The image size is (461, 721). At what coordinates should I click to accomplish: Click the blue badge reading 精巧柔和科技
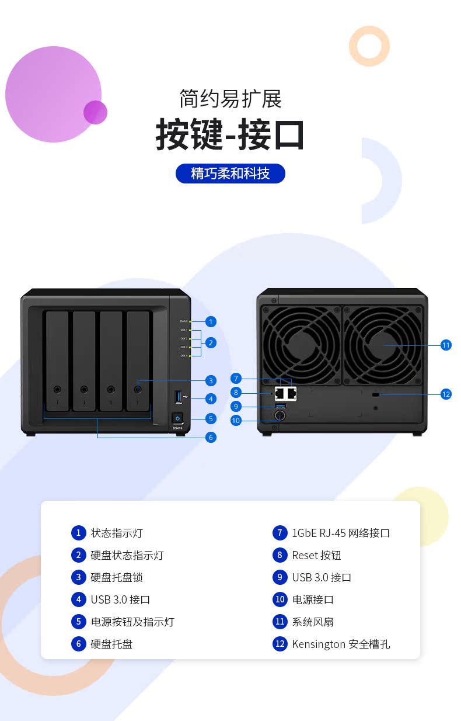pos(230,174)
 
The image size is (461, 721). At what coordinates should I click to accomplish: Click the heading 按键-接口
pos(230,135)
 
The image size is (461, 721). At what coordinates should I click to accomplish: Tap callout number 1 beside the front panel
pos(211,321)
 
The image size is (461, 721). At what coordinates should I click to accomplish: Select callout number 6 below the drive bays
pos(211,437)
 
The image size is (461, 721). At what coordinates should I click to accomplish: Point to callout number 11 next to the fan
pos(446,345)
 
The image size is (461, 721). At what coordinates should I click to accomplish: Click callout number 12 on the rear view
pos(446,394)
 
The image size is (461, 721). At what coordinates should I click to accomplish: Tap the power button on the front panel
pos(178,418)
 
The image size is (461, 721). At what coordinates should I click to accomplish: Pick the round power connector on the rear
pos(280,416)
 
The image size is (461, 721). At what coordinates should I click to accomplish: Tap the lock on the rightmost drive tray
pos(138,389)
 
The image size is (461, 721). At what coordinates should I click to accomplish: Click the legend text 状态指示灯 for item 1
pos(117,533)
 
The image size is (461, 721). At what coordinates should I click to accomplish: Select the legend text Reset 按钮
pos(316,555)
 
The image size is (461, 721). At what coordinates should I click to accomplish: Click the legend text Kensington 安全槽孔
pos(341,644)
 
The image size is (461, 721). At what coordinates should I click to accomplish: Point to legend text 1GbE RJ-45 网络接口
pos(341,533)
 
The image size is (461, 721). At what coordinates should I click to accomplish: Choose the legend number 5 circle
pos(78,622)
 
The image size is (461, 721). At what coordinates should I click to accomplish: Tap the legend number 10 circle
pos(280,599)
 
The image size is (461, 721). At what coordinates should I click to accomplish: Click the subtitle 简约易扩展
pos(230,98)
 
